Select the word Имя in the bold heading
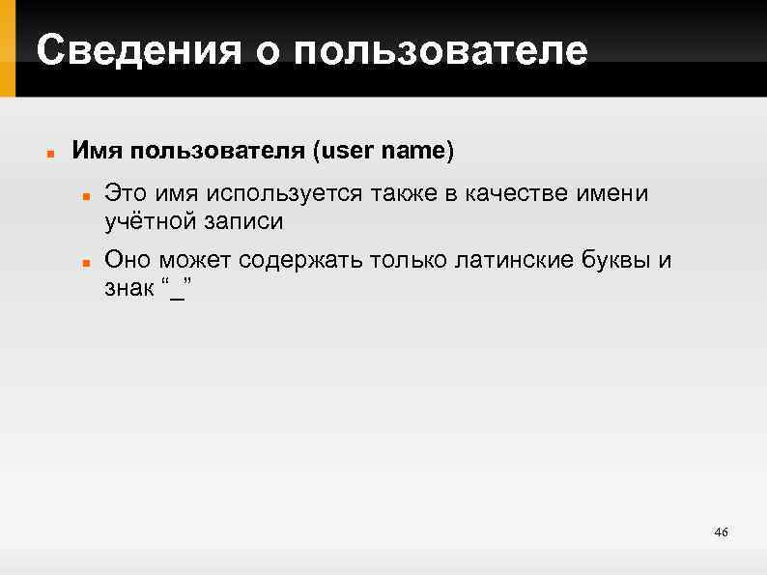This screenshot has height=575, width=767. point(97,152)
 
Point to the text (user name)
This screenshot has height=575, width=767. point(383,152)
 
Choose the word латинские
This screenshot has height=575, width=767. point(507,260)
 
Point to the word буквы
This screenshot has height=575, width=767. point(617,260)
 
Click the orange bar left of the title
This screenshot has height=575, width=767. point(8,48)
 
